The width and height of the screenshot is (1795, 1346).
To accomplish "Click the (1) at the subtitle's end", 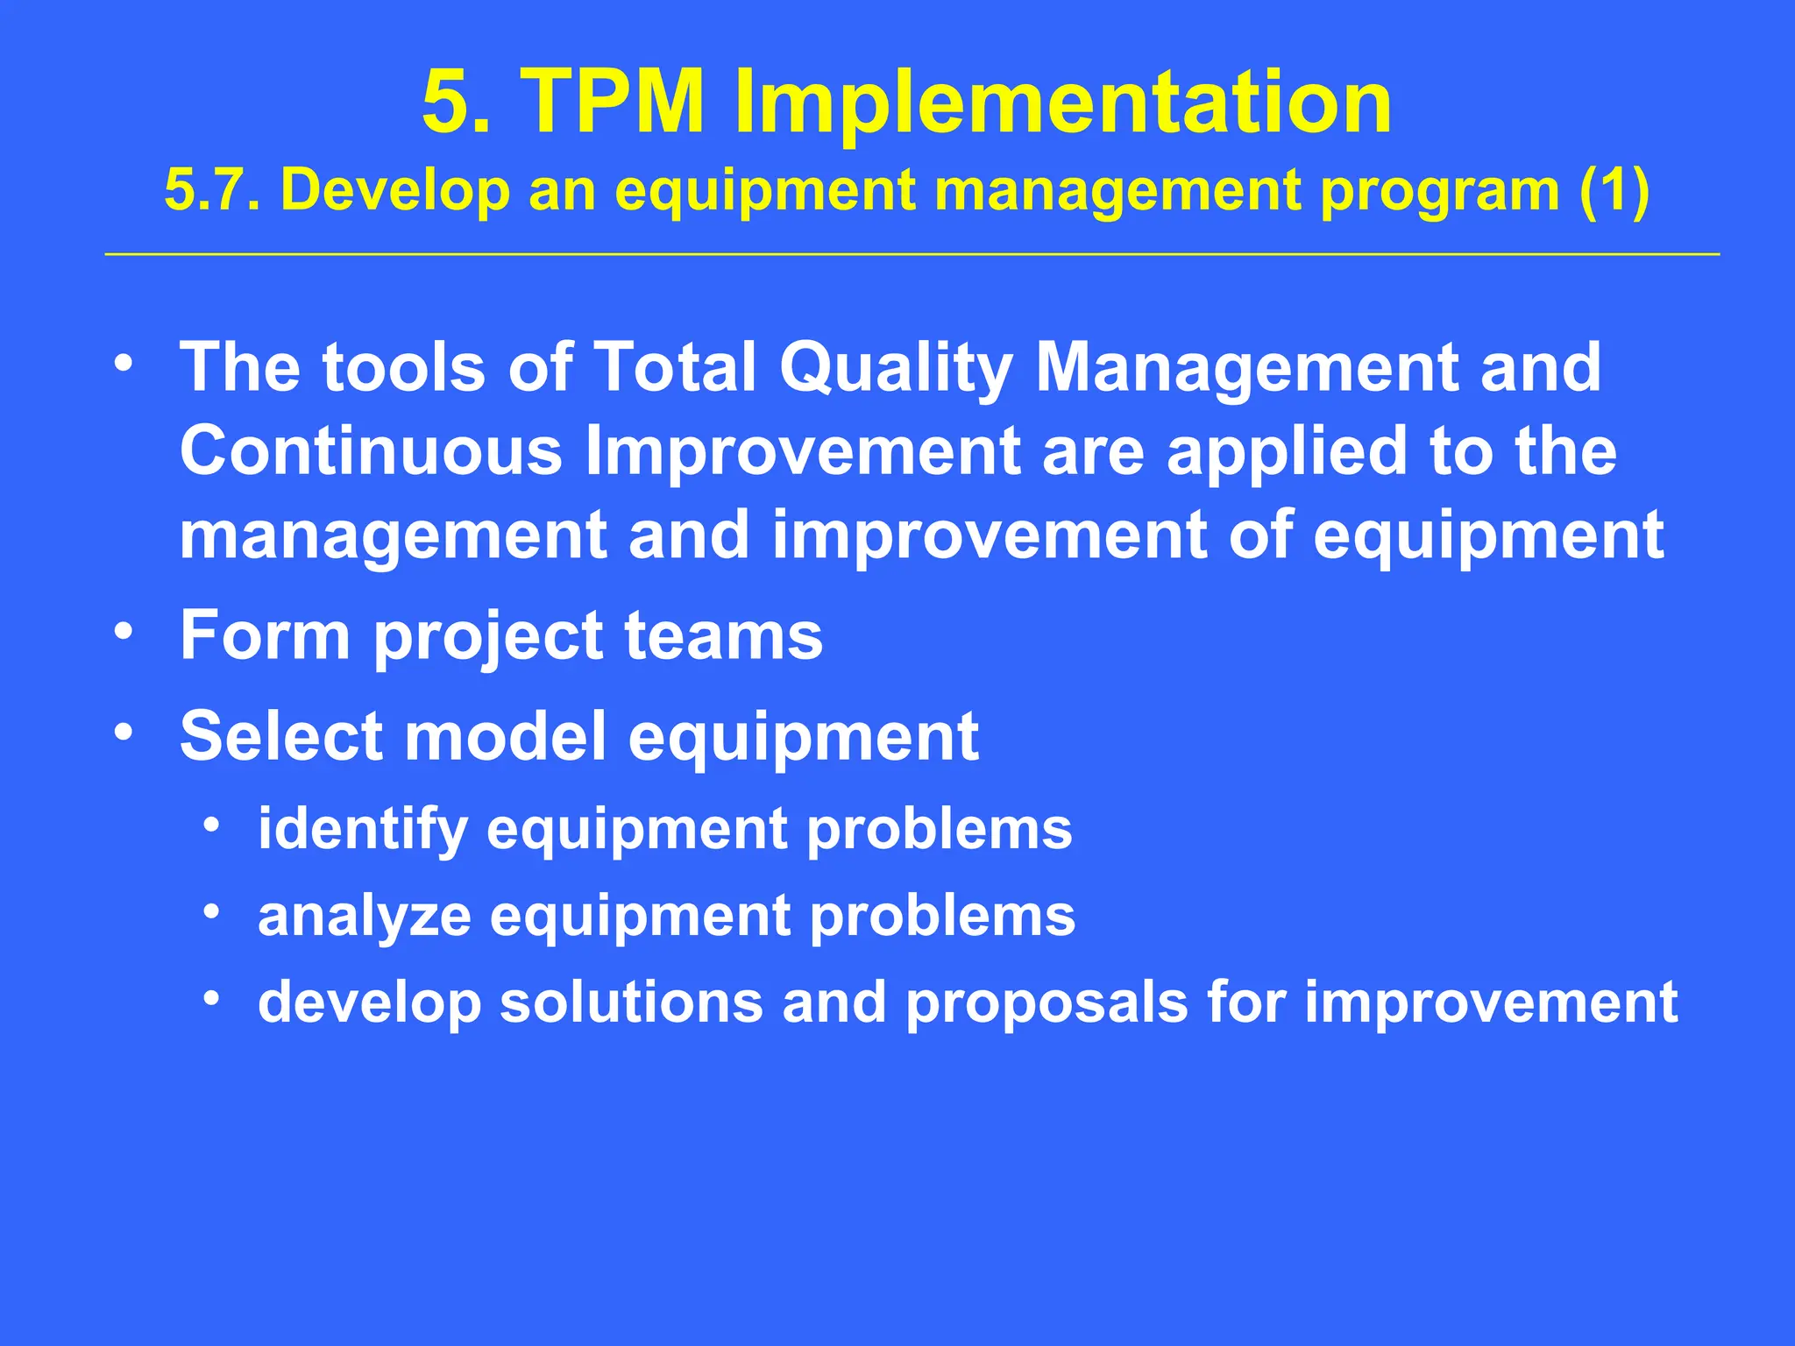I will [1614, 190].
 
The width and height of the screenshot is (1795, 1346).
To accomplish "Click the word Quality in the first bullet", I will [896, 369].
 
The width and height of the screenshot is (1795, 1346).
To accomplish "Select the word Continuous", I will [370, 451].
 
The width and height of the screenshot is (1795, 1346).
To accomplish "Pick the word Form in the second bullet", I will [264, 635].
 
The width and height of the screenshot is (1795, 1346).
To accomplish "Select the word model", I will [505, 736].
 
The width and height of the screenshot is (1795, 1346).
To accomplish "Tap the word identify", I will [363, 830].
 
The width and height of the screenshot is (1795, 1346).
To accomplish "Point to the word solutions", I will [631, 1002].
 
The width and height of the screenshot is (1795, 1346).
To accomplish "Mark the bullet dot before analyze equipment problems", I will [210, 912].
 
